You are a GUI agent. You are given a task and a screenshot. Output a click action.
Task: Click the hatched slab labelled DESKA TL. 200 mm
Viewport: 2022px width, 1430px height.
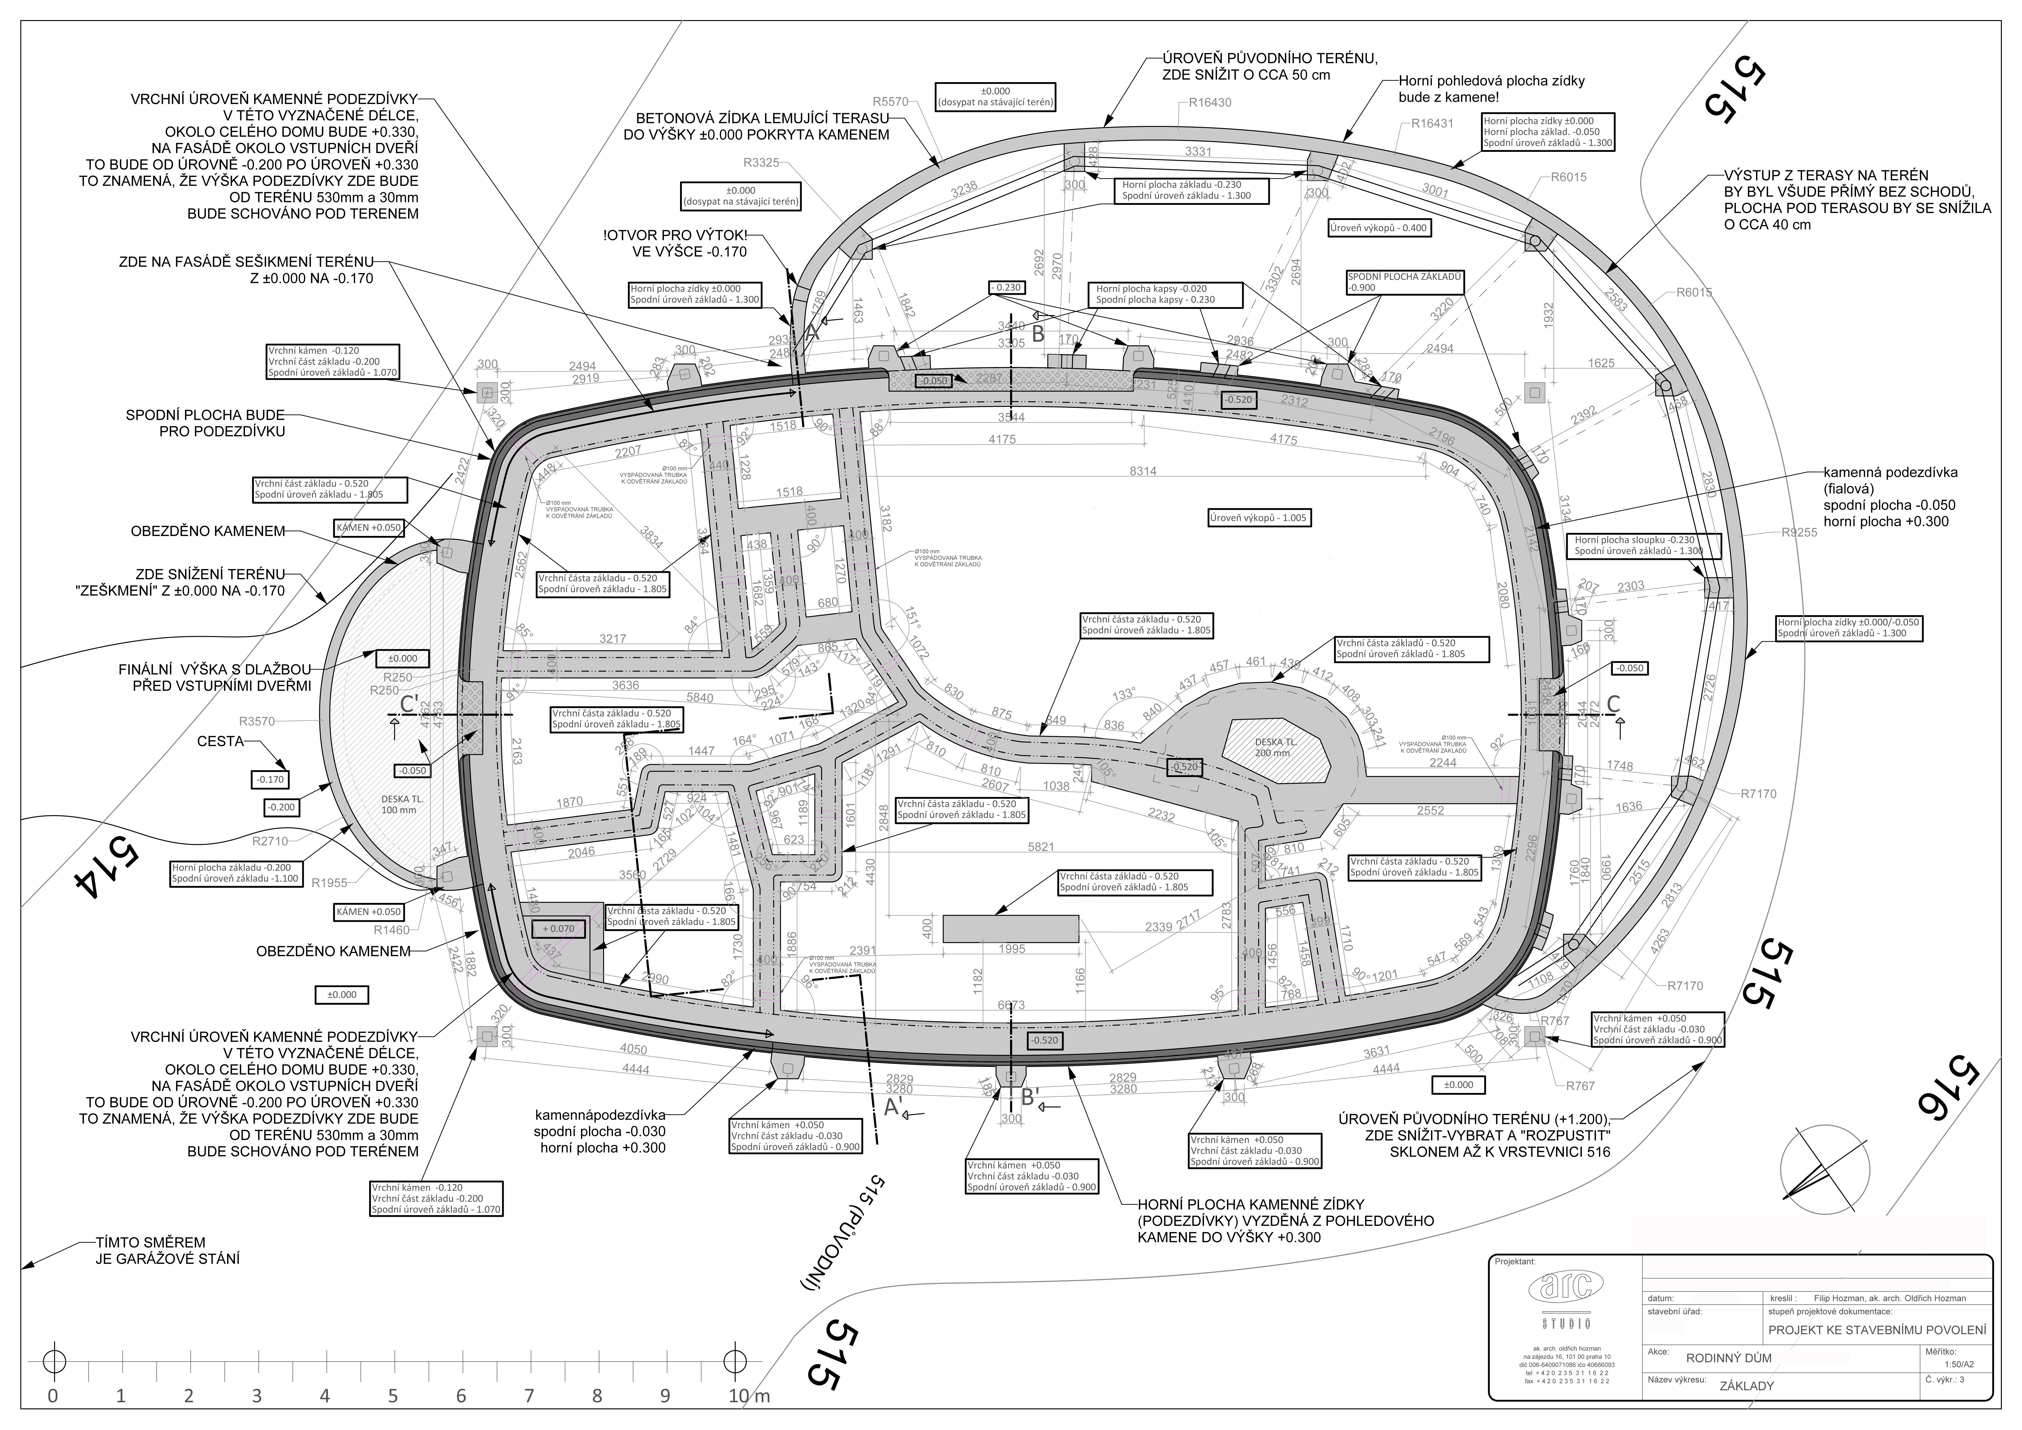[x=1275, y=749]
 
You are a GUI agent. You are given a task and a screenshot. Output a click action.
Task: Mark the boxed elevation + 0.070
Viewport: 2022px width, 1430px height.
[x=558, y=928]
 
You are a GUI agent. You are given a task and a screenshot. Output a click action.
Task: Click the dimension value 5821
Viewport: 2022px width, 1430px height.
[x=1040, y=847]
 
